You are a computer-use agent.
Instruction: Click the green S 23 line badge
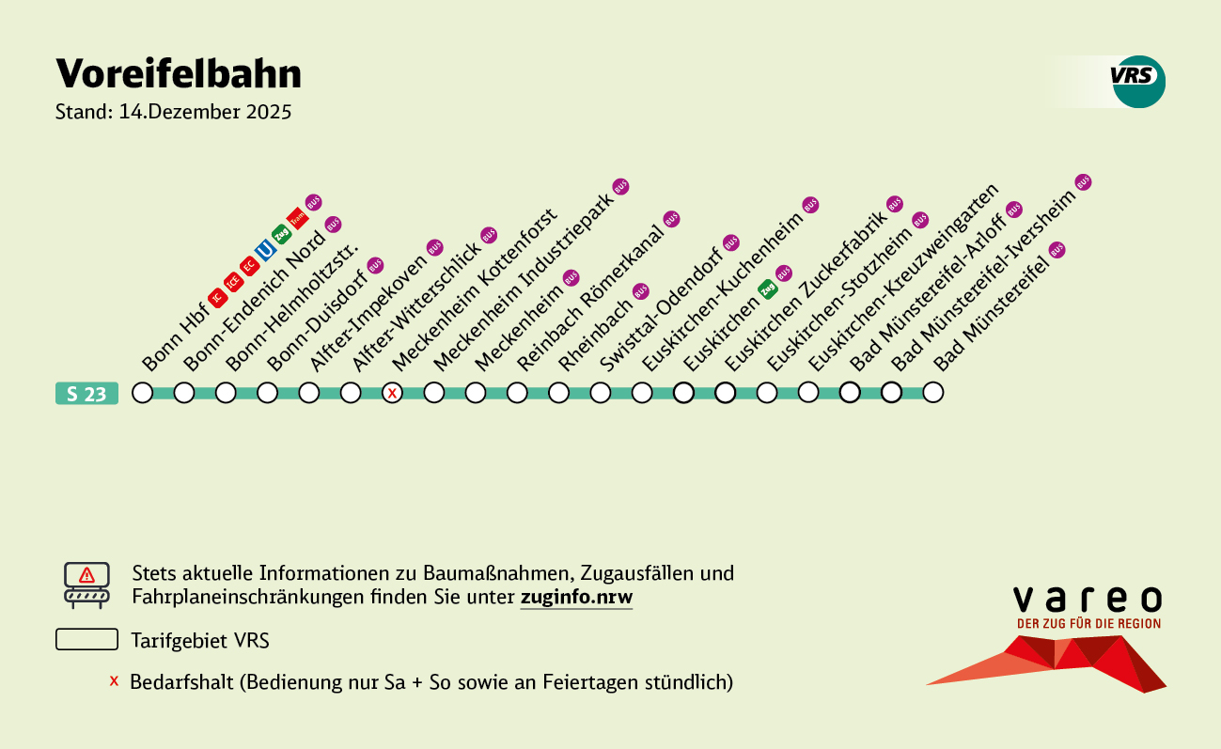[86, 394]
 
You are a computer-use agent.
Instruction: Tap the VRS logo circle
[1138, 81]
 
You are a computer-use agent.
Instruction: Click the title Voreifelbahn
[179, 73]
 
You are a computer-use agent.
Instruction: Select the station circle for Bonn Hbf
[142, 393]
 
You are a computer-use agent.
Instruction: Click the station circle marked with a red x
[392, 393]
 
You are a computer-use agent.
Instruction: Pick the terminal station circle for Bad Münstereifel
[932, 393]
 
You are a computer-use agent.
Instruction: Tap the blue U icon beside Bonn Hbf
[265, 250]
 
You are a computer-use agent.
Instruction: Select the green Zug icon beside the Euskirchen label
[768, 289]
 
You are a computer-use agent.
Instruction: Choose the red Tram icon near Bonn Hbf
[297, 218]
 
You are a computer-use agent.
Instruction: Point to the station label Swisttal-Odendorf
[657, 309]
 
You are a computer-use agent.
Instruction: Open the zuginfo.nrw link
[576, 598]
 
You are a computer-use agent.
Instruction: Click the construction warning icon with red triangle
[86, 585]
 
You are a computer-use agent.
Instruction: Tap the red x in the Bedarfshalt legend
[114, 680]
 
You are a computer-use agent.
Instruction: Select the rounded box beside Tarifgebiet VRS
[86, 640]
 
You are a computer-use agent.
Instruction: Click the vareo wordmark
[1088, 599]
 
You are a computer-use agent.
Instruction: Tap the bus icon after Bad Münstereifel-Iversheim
[1083, 181]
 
